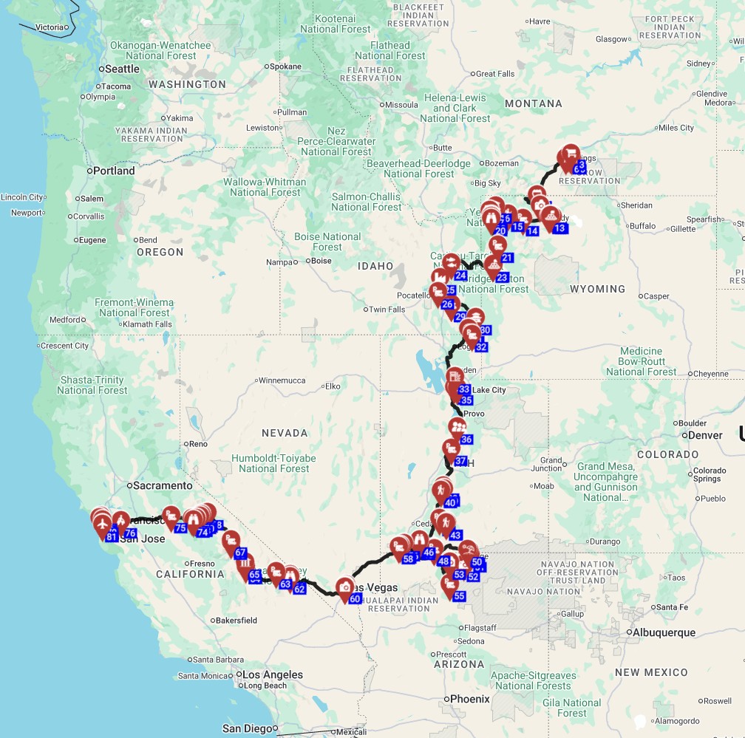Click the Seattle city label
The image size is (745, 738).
[122, 69]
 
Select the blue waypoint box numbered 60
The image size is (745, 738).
[355, 598]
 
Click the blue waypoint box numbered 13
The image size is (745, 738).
[559, 229]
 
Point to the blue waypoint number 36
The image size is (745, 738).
[466, 440]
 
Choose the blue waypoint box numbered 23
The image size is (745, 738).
[503, 278]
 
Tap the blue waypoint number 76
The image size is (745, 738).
[130, 533]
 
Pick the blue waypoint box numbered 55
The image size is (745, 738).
[459, 596]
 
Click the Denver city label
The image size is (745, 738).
[704, 435]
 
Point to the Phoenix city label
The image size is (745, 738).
[470, 699]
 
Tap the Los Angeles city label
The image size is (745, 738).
[273, 674]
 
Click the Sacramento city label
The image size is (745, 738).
[160, 485]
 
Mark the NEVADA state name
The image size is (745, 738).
[284, 433]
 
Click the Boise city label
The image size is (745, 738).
[321, 261]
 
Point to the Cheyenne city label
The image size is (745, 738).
[711, 374]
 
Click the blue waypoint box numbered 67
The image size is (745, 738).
[240, 553]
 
